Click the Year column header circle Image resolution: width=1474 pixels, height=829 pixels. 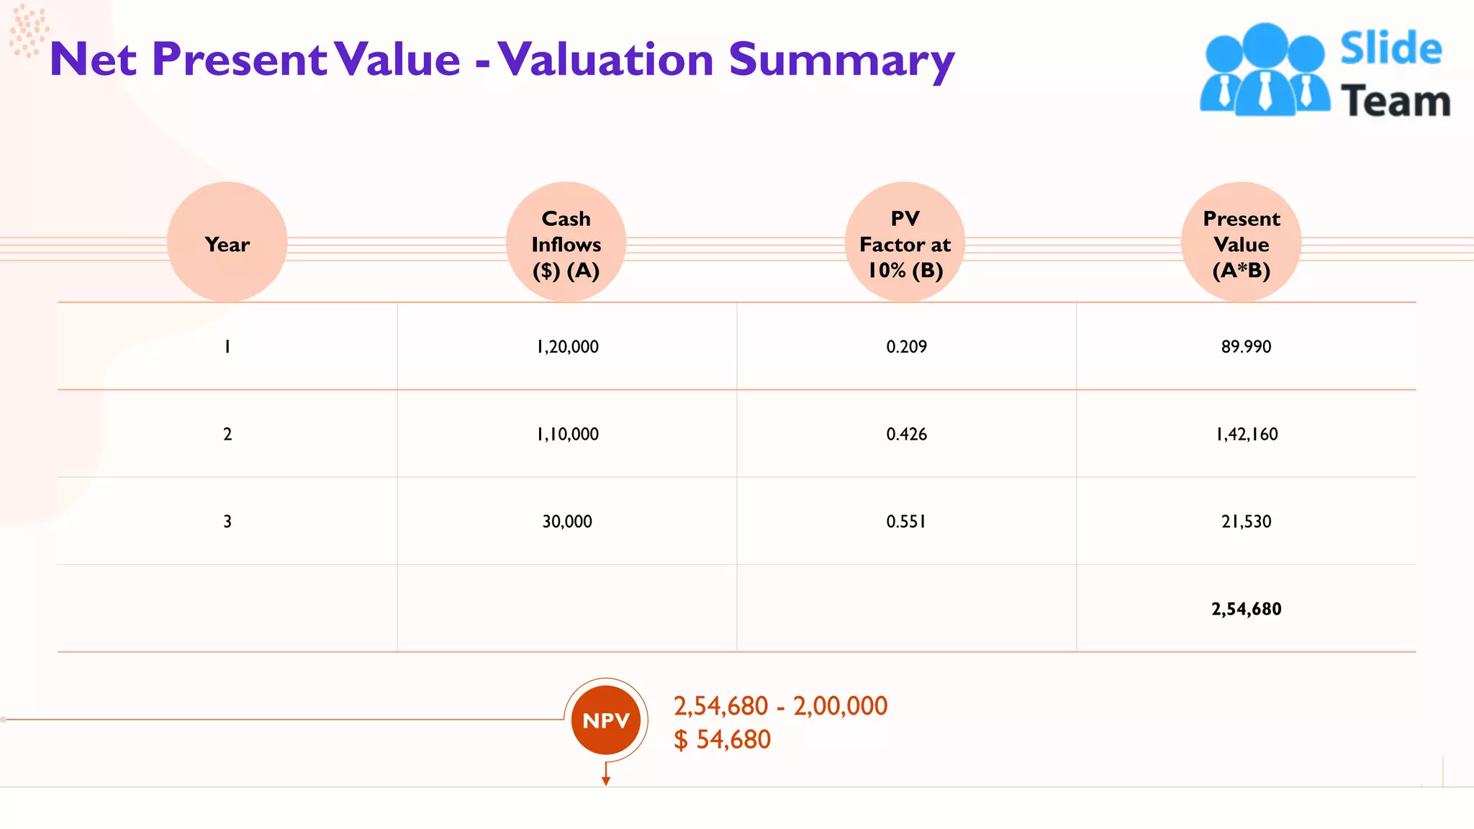pos(227,243)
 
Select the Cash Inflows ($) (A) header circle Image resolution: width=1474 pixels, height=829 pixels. pos(566,243)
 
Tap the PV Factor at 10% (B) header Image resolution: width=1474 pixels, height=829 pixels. pos(905,243)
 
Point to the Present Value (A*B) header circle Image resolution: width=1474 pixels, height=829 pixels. pos(1242,243)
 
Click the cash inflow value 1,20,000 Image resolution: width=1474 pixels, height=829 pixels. pos(567,347)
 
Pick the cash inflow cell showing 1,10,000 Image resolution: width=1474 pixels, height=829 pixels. pos(567,435)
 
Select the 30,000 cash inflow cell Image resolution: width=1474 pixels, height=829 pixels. pos(567,522)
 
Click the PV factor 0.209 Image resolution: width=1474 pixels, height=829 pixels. pos(906,347)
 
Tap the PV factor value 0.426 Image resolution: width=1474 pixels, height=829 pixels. pos(906,435)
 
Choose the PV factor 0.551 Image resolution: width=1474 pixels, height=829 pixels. pos(906,522)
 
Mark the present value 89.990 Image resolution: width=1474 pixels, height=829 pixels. pos(1246,347)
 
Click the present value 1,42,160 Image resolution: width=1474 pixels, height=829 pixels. pos(1247,435)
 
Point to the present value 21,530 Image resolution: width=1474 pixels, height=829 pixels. pos(1246,522)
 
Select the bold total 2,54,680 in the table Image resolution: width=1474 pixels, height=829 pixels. pos(1246,610)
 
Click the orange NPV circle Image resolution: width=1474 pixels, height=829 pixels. pos(606,720)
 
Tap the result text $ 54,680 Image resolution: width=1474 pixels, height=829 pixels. pos(722,740)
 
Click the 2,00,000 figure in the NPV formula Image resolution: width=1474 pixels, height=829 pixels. pos(840,707)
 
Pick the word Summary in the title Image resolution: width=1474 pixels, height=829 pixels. pos(841,60)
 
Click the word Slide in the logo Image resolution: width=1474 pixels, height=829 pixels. pos(1391,49)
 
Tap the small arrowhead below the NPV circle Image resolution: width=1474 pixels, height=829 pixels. pos(606,782)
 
